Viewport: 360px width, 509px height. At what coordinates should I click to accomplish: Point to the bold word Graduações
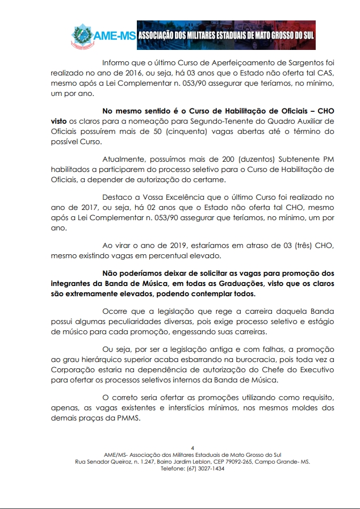245,284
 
